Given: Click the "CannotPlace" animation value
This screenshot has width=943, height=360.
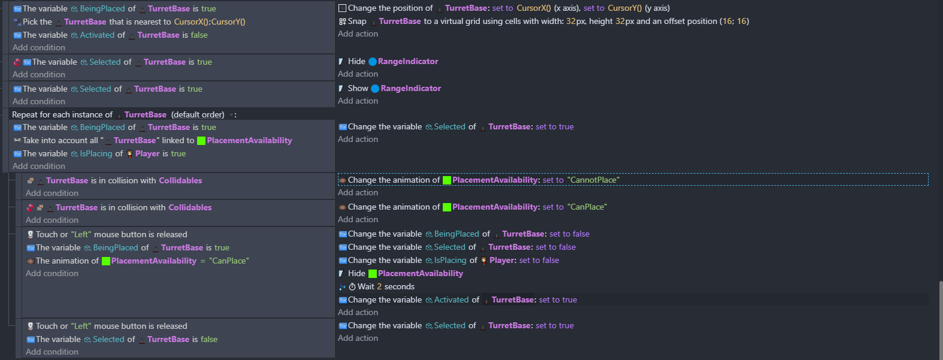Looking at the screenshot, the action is pyautogui.click(x=593, y=180).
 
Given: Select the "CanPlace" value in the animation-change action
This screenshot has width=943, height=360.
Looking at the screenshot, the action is pyautogui.click(x=587, y=207).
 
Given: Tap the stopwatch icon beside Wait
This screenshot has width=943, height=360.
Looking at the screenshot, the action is pyautogui.click(x=352, y=287).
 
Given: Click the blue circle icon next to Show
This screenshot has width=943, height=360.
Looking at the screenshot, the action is pyautogui.click(x=374, y=89).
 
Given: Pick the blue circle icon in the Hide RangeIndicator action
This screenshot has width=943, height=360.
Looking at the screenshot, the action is pyautogui.click(x=373, y=62).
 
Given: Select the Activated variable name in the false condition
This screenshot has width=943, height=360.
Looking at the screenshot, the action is pyautogui.click(x=97, y=35).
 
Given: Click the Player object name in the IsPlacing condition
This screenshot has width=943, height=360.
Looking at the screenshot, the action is pyautogui.click(x=147, y=154).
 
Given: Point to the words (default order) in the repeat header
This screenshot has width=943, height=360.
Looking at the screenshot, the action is pyautogui.click(x=198, y=114).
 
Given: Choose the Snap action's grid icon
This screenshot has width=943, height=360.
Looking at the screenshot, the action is pyautogui.click(x=342, y=22).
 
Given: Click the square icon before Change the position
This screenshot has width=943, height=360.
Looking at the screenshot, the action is pyautogui.click(x=342, y=8).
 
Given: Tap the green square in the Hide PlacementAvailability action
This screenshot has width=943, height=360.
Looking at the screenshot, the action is pyautogui.click(x=373, y=274).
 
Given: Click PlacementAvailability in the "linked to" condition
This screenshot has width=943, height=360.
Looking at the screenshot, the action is pyautogui.click(x=249, y=141).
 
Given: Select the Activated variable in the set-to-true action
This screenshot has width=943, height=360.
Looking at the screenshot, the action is pyautogui.click(x=451, y=300).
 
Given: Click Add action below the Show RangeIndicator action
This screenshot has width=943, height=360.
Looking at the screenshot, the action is pyautogui.click(x=358, y=101).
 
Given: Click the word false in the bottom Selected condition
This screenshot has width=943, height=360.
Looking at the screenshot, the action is pyautogui.click(x=209, y=340).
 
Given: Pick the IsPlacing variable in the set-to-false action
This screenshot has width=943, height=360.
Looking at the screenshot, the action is pyautogui.click(x=450, y=260).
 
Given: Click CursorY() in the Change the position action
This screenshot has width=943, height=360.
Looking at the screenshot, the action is pyautogui.click(x=625, y=8).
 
